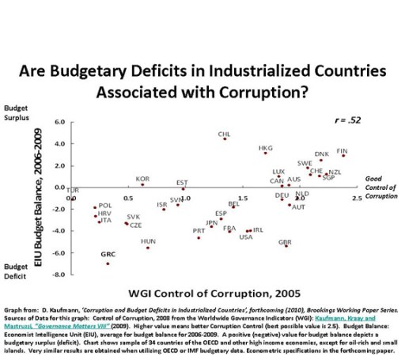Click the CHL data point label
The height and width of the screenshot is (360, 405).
(x=224, y=135)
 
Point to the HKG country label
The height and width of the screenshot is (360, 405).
(x=266, y=148)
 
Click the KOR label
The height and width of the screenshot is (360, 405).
(x=142, y=180)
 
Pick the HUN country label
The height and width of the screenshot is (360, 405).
(x=148, y=241)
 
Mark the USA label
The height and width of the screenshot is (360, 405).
(x=245, y=237)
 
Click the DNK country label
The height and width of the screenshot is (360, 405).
(x=321, y=154)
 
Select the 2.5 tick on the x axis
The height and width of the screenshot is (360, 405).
(x=358, y=198)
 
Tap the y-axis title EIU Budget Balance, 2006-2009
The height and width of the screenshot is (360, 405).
(x=37, y=198)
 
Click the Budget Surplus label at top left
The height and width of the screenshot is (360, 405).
(x=19, y=112)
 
